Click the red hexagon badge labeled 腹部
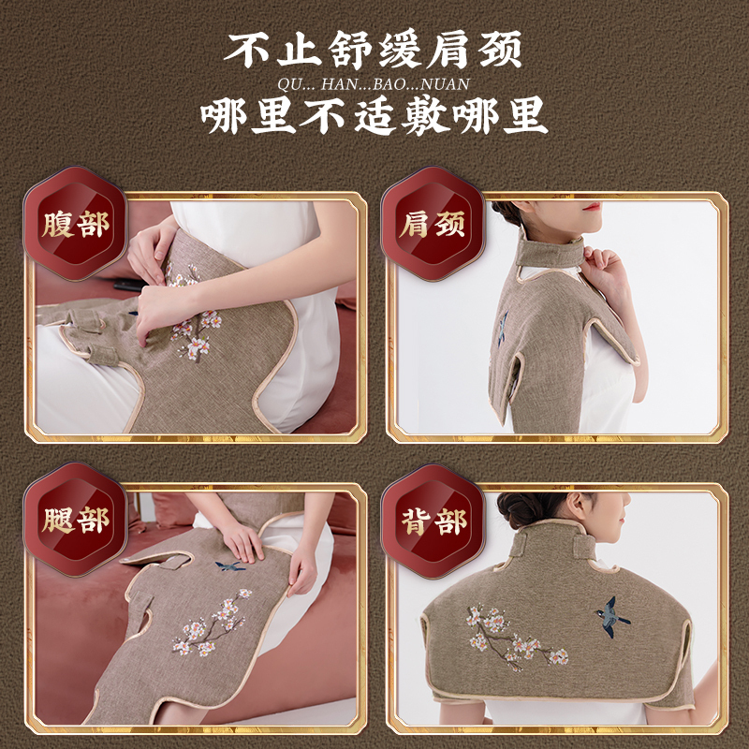(76, 224)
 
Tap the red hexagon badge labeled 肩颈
(433, 224)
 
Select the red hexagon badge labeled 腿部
(76, 520)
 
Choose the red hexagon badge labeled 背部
(433, 521)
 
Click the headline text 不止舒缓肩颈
(373, 50)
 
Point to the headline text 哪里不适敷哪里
(374, 115)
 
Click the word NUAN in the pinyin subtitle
(447, 84)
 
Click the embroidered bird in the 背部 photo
(611, 617)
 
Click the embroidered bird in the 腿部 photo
(229, 566)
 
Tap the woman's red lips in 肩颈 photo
(593, 206)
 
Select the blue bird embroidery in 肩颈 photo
(503, 328)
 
